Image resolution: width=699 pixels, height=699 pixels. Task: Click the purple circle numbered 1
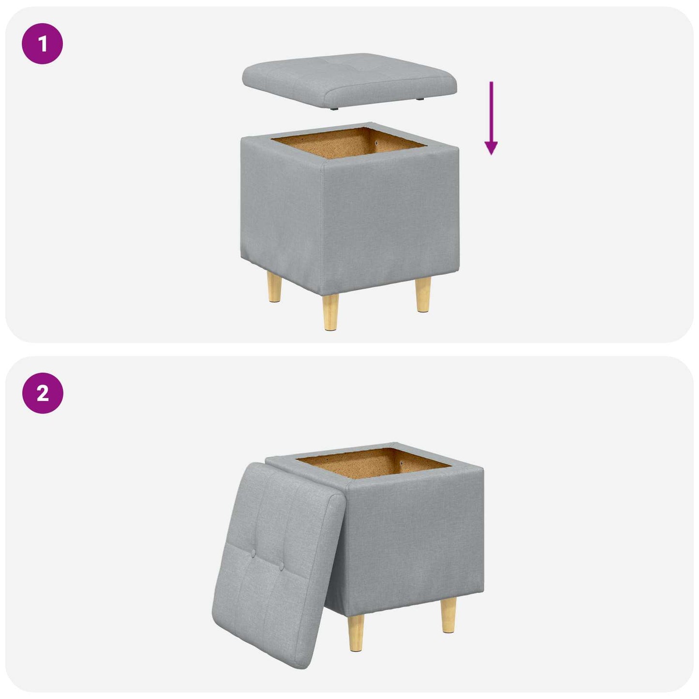(43, 44)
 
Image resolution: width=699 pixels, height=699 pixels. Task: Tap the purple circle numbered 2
(43, 393)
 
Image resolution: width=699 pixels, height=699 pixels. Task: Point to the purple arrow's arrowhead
(491, 148)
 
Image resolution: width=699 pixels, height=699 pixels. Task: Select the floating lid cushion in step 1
(349, 80)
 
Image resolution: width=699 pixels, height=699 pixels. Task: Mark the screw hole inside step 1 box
(377, 143)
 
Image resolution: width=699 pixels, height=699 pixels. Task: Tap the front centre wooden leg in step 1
(330, 312)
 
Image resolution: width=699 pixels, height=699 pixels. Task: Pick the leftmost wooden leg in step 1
(274, 286)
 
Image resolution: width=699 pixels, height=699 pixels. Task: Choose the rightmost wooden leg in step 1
(423, 295)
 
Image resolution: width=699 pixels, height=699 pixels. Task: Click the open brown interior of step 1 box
(348, 143)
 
